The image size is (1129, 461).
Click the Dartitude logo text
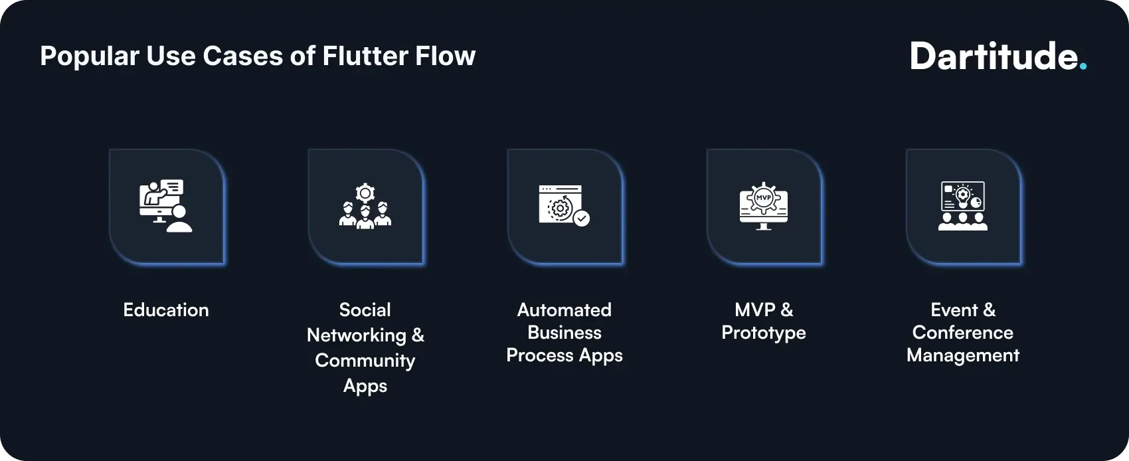pyautogui.click(x=994, y=56)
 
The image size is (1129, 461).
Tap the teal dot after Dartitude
pyautogui.click(x=1083, y=66)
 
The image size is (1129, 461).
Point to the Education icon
pyautogui.click(x=166, y=206)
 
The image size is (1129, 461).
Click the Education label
pyautogui.click(x=166, y=310)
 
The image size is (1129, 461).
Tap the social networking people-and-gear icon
pyautogui.click(x=365, y=207)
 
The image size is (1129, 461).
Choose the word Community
pyautogui.click(x=365, y=361)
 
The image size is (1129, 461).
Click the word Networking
pyautogui.click(x=357, y=335)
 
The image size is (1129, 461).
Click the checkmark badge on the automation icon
pyautogui.click(x=582, y=219)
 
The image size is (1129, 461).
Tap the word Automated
pyautogui.click(x=564, y=310)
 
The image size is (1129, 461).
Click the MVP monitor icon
pyautogui.click(x=764, y=206)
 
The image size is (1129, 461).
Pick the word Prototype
pyautogui.click(x=764, y=333)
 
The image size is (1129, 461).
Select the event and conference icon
pyautogui.click(x=963, y=206)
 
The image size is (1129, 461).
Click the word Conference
pyautogui.click(x=963, y=333)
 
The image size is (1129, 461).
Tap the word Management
pyautogui.click(x=963, y=355)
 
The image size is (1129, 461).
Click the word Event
pyautogui.click(x=954, y=310)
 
